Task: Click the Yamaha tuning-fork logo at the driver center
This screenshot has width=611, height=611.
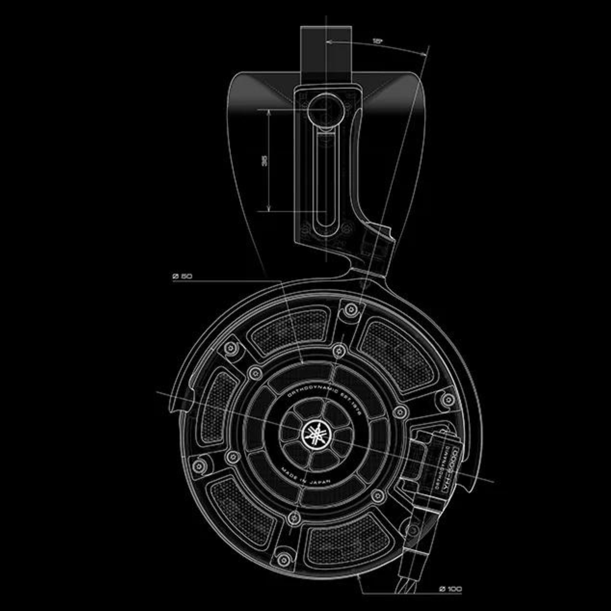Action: coord(315,435)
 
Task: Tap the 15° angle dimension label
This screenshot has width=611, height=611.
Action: coord(377,42)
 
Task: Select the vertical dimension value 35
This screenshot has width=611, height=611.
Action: coord(264,161)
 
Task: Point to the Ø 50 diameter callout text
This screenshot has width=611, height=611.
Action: coord(182,276)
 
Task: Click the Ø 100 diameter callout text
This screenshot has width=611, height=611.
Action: coord(450,589)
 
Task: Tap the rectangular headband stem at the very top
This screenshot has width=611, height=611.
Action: coord(326,48)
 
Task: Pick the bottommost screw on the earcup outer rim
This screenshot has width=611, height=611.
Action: coord(284,559)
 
